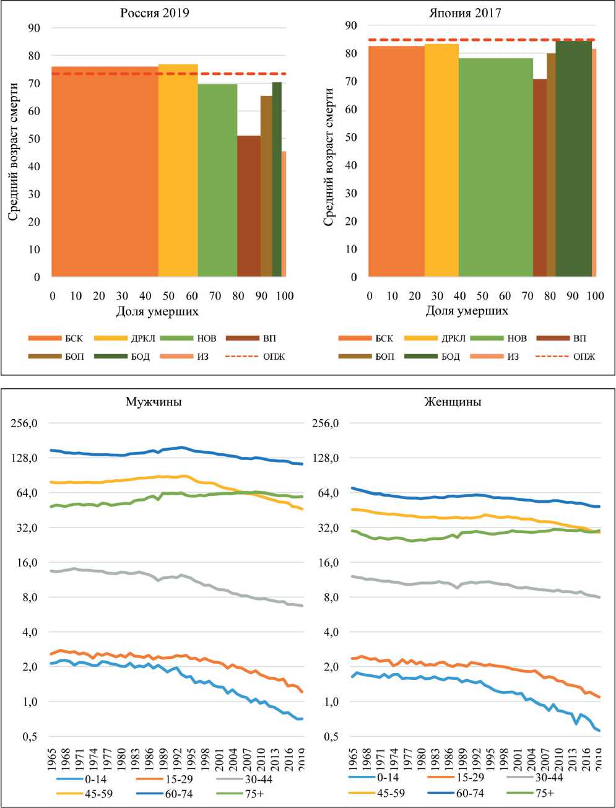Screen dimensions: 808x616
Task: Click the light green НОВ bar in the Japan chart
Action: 495,167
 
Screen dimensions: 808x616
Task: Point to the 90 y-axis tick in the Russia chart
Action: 34,28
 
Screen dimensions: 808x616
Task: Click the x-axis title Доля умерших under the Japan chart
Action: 467,311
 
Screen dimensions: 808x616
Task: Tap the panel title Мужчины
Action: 154,402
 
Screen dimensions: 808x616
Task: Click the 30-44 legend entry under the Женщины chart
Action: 549,777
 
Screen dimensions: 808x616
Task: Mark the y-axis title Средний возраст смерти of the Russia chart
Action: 14,152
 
